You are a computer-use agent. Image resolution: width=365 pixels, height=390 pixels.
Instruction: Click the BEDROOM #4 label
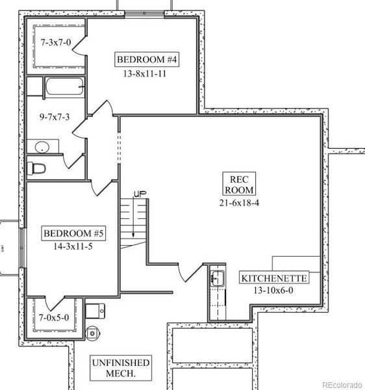(147, 59)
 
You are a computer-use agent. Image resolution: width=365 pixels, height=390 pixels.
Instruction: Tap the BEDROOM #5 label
(73, 233)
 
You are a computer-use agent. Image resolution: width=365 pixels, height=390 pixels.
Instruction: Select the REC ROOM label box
(239, 183)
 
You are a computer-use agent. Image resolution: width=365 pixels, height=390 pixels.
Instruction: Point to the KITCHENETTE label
(274, 278)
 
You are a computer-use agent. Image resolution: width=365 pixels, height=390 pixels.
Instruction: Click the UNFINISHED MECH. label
(121, 368)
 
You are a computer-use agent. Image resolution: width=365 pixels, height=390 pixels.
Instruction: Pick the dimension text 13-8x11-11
(145, 73)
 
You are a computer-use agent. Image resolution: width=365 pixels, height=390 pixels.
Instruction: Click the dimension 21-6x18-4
(239, 203)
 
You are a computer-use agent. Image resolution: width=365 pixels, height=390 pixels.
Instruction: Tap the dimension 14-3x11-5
(73, 246)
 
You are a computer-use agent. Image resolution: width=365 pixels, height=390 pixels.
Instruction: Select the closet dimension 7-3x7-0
(56, 42)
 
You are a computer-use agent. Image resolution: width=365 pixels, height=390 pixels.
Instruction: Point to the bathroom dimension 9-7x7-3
(55, 116)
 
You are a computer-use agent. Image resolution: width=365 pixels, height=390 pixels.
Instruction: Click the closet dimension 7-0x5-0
(54, 317)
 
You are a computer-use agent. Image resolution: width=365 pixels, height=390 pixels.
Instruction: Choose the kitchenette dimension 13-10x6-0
(273, 290)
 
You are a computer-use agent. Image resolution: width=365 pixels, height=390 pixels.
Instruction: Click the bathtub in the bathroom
(64, 86)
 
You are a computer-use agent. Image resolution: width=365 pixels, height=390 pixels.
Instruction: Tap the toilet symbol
(36, 168)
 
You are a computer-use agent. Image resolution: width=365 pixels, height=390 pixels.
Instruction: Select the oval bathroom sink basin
(42, 147)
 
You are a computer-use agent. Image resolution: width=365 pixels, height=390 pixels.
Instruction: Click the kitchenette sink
(217, 278)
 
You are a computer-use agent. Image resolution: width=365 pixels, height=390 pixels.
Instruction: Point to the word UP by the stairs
(140, 194)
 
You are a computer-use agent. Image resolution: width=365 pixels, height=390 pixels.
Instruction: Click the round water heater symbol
(92, 333)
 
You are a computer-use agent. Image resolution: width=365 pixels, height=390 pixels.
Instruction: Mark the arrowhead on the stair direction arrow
(133, 235)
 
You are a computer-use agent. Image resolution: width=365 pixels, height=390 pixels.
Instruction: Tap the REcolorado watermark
(342, 385)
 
